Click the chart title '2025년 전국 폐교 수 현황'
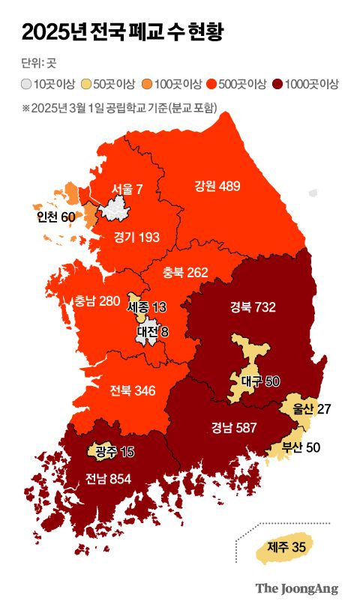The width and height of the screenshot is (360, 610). point(122,32)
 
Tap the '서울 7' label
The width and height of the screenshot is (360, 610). point(127,189)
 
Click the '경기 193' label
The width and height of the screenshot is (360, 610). point(136,238)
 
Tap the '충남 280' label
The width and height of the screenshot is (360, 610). point(97,301)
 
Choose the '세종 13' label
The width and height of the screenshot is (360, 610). point(148,307)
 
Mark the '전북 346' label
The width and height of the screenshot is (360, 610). point(132,390)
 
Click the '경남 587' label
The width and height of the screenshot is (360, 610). point(234,428)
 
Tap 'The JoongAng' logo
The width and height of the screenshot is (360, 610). point(296,588)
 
